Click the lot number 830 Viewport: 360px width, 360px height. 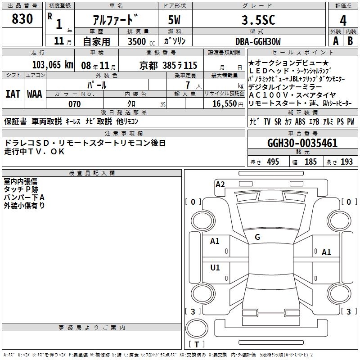[22, 19]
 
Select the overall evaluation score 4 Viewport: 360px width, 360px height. [343, 21]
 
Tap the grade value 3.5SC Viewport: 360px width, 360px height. [258, 20]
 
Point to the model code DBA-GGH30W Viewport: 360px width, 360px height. [258, 41]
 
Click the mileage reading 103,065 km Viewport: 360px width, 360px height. [53, 65]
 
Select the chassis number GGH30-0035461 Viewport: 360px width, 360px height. [302, 143]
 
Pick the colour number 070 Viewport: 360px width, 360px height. [75, 104]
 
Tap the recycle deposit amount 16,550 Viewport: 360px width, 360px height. [225, 104]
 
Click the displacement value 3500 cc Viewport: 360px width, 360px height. [141, 41]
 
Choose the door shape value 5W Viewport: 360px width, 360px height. [174, 20]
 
